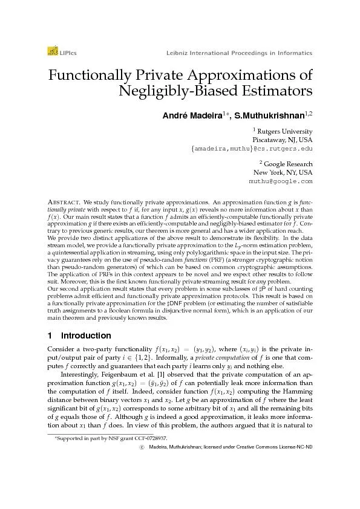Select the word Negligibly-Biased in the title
(170, 92)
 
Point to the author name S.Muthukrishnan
(275, 115)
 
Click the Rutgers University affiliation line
(284, 131)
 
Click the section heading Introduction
(84, 336)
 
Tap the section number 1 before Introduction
(49, 336)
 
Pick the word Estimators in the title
(274, 92)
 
